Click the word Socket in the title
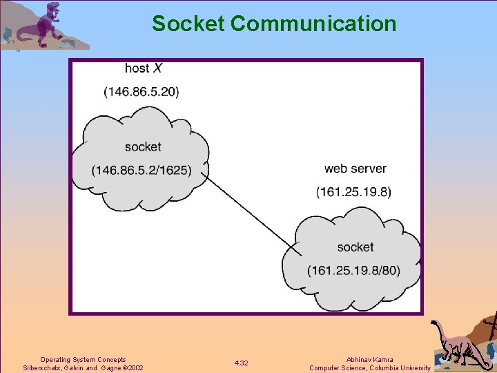[188, 24]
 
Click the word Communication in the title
[313, 24]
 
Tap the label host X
[143, 68]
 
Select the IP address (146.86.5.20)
[142, 91]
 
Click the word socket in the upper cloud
[143, 146]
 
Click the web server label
[355, 169]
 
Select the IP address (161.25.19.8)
[353, 191]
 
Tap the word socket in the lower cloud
[355, 247]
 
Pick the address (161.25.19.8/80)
[353, 270]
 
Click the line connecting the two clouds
[252, 211]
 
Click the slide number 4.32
[241, 363]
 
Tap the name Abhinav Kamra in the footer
[371, 359]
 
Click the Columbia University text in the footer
[399, 368]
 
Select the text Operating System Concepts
[83, 359]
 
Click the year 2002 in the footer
[135, 368]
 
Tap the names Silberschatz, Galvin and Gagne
[69, 368]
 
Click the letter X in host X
[157, 68]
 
